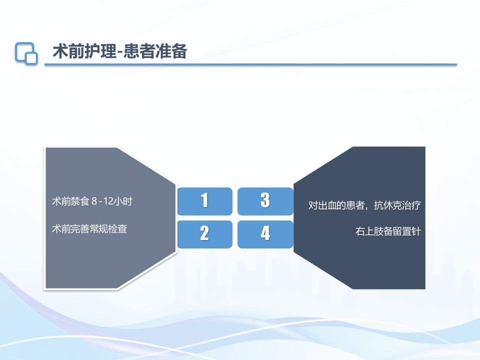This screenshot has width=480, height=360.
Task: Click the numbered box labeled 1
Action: (x=204, y=201)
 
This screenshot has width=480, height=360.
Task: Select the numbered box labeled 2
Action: (x=204, y=234)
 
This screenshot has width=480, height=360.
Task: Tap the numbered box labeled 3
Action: (x=265, y=201)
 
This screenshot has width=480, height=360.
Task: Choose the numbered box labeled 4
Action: (x=265, y=234)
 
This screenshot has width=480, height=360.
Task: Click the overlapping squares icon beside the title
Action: (x=26, y=52)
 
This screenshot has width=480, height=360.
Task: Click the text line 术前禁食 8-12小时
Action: (x=92, y=202)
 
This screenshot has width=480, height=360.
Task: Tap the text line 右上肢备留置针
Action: (x=387, y=232)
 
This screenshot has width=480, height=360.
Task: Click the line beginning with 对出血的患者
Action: (x=364, y=205)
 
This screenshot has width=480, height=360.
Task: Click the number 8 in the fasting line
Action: (x=93, y=202)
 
